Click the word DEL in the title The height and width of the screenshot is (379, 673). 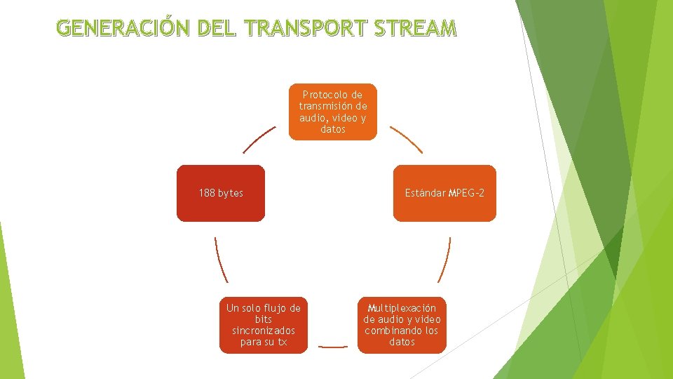[219, 28]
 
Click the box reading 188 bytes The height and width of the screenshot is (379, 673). [221, 193]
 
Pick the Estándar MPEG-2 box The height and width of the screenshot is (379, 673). [444, 193]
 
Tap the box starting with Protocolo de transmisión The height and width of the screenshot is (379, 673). [333, 112]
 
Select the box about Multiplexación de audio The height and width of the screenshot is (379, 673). [402, 324]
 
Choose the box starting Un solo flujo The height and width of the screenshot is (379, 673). [263, 324]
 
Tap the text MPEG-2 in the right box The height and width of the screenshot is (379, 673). [466, 193]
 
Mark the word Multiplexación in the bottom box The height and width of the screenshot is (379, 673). [402, 307]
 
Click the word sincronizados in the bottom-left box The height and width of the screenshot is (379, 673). [263, 331]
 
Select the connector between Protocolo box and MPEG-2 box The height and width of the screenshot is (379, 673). [406, 139]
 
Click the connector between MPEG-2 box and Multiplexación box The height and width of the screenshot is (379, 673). [444, 260]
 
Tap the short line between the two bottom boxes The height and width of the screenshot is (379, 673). [332, 346]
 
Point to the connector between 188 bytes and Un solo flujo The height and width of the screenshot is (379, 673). [221, 260]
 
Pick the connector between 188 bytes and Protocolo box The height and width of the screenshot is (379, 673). [259, 139]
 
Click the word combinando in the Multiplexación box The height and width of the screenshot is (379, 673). [393, 331]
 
